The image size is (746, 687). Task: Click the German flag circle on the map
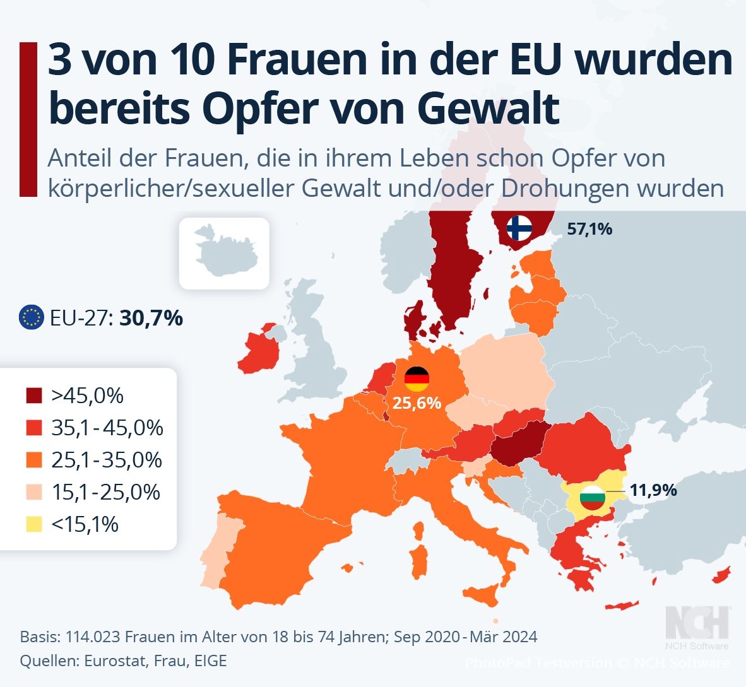[417, 379]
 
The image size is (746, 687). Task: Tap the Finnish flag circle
[520, 227]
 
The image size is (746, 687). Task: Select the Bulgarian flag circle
[592, 498]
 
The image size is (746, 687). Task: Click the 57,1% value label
[589, 229]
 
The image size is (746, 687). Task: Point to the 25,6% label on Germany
[417, 402]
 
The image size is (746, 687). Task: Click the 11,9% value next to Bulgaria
[653, 490]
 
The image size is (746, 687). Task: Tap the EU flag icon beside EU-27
[32, 317]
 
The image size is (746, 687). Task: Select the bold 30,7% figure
[151, 318]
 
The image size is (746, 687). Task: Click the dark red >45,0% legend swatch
[34, 396]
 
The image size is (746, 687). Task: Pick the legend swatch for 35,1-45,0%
[34, 428]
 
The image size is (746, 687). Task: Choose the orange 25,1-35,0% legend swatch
[34, 461]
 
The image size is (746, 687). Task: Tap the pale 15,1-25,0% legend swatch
[34, 493]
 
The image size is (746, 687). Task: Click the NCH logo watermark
[697, 623]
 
